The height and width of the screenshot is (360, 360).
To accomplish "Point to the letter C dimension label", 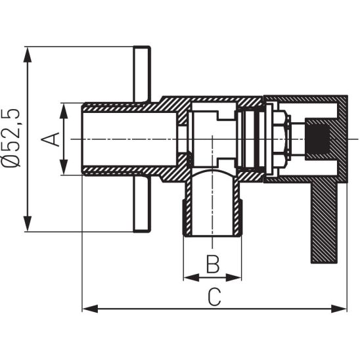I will pos(214,297).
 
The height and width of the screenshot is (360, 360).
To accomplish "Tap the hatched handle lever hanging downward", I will pos(324,223).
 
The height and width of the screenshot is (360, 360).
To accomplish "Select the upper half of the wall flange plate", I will pos(141,74).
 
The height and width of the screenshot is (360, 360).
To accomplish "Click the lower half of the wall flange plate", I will pos(141,204).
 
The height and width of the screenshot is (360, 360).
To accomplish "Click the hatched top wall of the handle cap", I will pos(305,99).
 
